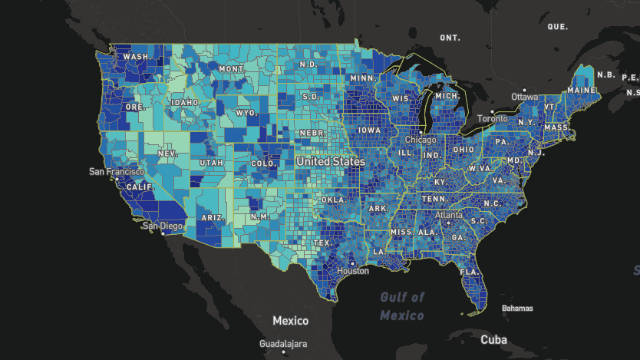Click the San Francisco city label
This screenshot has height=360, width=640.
(116, 171)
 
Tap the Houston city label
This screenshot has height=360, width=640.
(353, 271)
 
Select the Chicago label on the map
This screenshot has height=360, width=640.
(421, 140)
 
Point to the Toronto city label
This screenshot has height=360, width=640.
(492, 119)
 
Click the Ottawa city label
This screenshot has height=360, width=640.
(525, 97)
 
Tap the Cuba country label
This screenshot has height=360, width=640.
(493, 339)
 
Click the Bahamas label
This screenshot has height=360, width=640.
(517, 309)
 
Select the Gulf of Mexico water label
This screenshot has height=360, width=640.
(402, 306)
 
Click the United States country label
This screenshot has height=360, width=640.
(331, 162)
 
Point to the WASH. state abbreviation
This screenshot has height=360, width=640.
(137, 57)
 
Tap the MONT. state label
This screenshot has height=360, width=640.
(232, 69)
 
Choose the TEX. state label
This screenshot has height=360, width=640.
(322, 243)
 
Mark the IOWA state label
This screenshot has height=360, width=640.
(368, 130)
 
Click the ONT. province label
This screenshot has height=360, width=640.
(450, 38)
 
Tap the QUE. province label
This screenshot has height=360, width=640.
(557, 26)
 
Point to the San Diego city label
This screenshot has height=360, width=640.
(162, 226)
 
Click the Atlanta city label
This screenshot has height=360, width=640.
(449, 216)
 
